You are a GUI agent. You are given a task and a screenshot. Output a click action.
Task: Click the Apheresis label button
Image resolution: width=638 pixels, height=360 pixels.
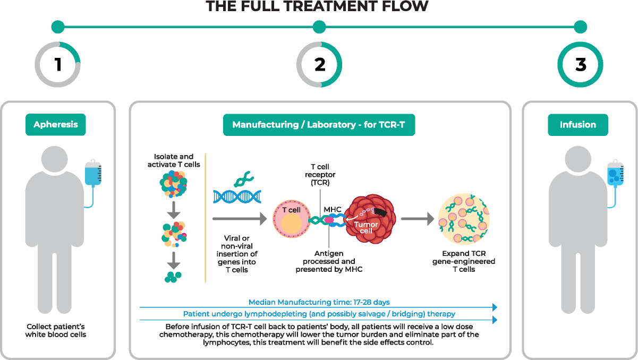click(x=56, y=125)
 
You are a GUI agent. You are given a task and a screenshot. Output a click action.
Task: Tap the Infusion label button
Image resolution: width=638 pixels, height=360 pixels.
click(x=578, y=125)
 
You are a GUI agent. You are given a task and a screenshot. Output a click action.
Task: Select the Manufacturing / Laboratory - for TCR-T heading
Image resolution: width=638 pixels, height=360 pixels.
click(x=319, y=125)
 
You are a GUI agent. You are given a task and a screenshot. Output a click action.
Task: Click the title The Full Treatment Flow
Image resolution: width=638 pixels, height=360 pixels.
click(x=317, y=6)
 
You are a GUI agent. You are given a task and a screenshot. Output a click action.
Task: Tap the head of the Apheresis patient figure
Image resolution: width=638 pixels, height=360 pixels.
click(x=55, y=160)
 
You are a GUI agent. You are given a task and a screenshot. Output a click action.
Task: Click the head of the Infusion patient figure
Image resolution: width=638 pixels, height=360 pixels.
click(x=578, y=160)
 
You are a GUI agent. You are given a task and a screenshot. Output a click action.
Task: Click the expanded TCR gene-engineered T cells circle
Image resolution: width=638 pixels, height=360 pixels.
click(x=464, y=219)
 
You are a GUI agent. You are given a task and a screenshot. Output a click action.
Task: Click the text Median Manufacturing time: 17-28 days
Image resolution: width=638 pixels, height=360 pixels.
click(x=319, y=302)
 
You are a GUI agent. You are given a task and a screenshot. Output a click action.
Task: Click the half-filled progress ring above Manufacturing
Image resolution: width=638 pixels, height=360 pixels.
click(x=319, y=65)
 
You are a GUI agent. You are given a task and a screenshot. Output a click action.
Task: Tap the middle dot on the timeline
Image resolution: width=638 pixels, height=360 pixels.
click(x=319, y=27)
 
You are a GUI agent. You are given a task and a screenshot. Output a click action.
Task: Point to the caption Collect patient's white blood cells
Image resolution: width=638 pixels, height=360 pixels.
click(x=56, y=330)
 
